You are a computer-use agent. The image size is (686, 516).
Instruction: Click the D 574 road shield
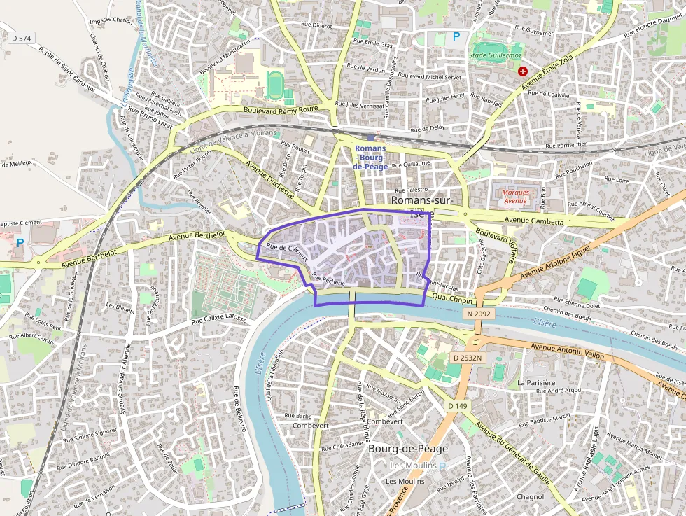pyautogui.click(x=22, y=37)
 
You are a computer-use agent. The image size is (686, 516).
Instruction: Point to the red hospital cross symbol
pyautogui.click(x=522, y=71)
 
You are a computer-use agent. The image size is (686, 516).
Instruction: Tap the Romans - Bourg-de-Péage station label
pyautogui.click(x=370, y=158)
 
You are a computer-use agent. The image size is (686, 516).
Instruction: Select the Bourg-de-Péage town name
pyautogui.click(x=407, y=449)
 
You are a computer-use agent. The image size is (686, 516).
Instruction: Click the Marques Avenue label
pyautogui.click(x=514, y=196)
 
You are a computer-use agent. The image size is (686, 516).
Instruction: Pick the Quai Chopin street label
pyautogui.click(x=453, y=299)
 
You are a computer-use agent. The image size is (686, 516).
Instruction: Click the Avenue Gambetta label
pyautogui.click(x=534, y=222)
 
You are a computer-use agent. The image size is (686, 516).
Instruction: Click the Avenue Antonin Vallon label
pyautogui.click(x=567, y=351)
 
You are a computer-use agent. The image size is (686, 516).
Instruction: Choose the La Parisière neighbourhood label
pyautogui.click(x=536, y=383)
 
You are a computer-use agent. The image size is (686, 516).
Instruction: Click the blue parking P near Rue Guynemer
pyautogui.click(x=457, y=36)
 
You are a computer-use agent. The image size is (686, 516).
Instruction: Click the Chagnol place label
pyautogui.click(x=529, y=497)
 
